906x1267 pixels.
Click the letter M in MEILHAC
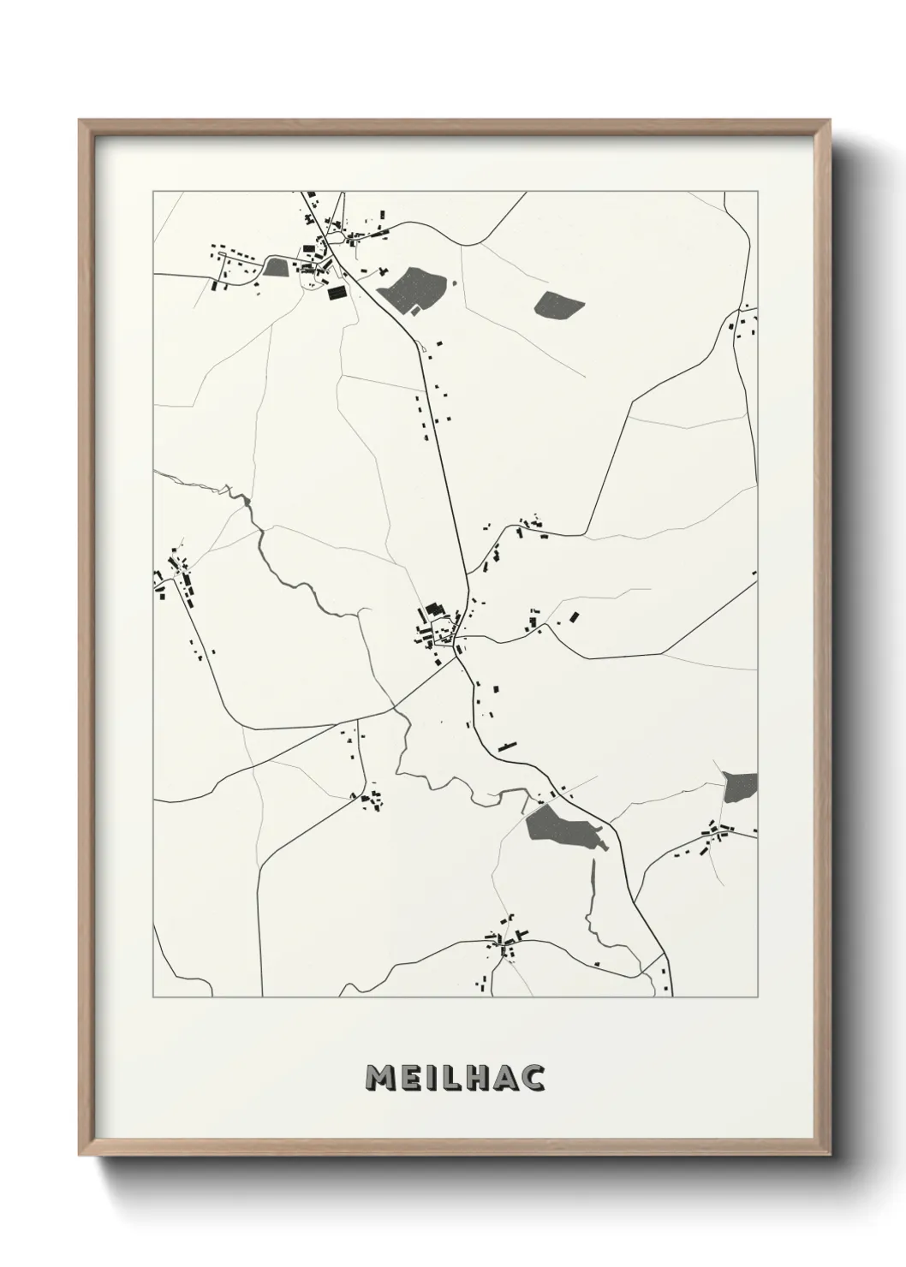tap(379, 1079)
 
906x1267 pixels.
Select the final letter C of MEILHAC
tap(533, 1079)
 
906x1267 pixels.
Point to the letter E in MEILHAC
tap(408, 1079)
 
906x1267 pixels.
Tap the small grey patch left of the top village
tap(275, 268)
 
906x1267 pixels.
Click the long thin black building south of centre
tap(509, 747)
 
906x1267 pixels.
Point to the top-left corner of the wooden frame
tap(80, 121)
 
